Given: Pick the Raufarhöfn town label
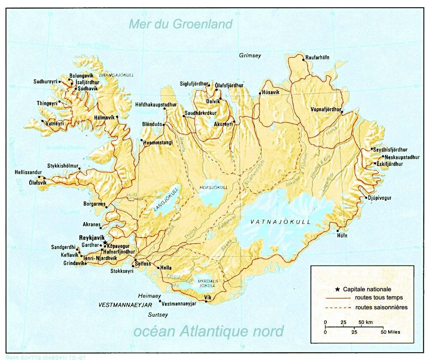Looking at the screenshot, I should click(317, 58).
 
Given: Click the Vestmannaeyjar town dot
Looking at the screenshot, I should click(160, 301).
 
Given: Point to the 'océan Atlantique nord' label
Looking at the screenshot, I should click(209, 331).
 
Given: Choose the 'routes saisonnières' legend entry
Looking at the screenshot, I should click(381, 307).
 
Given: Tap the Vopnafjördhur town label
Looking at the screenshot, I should click(326, 109).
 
